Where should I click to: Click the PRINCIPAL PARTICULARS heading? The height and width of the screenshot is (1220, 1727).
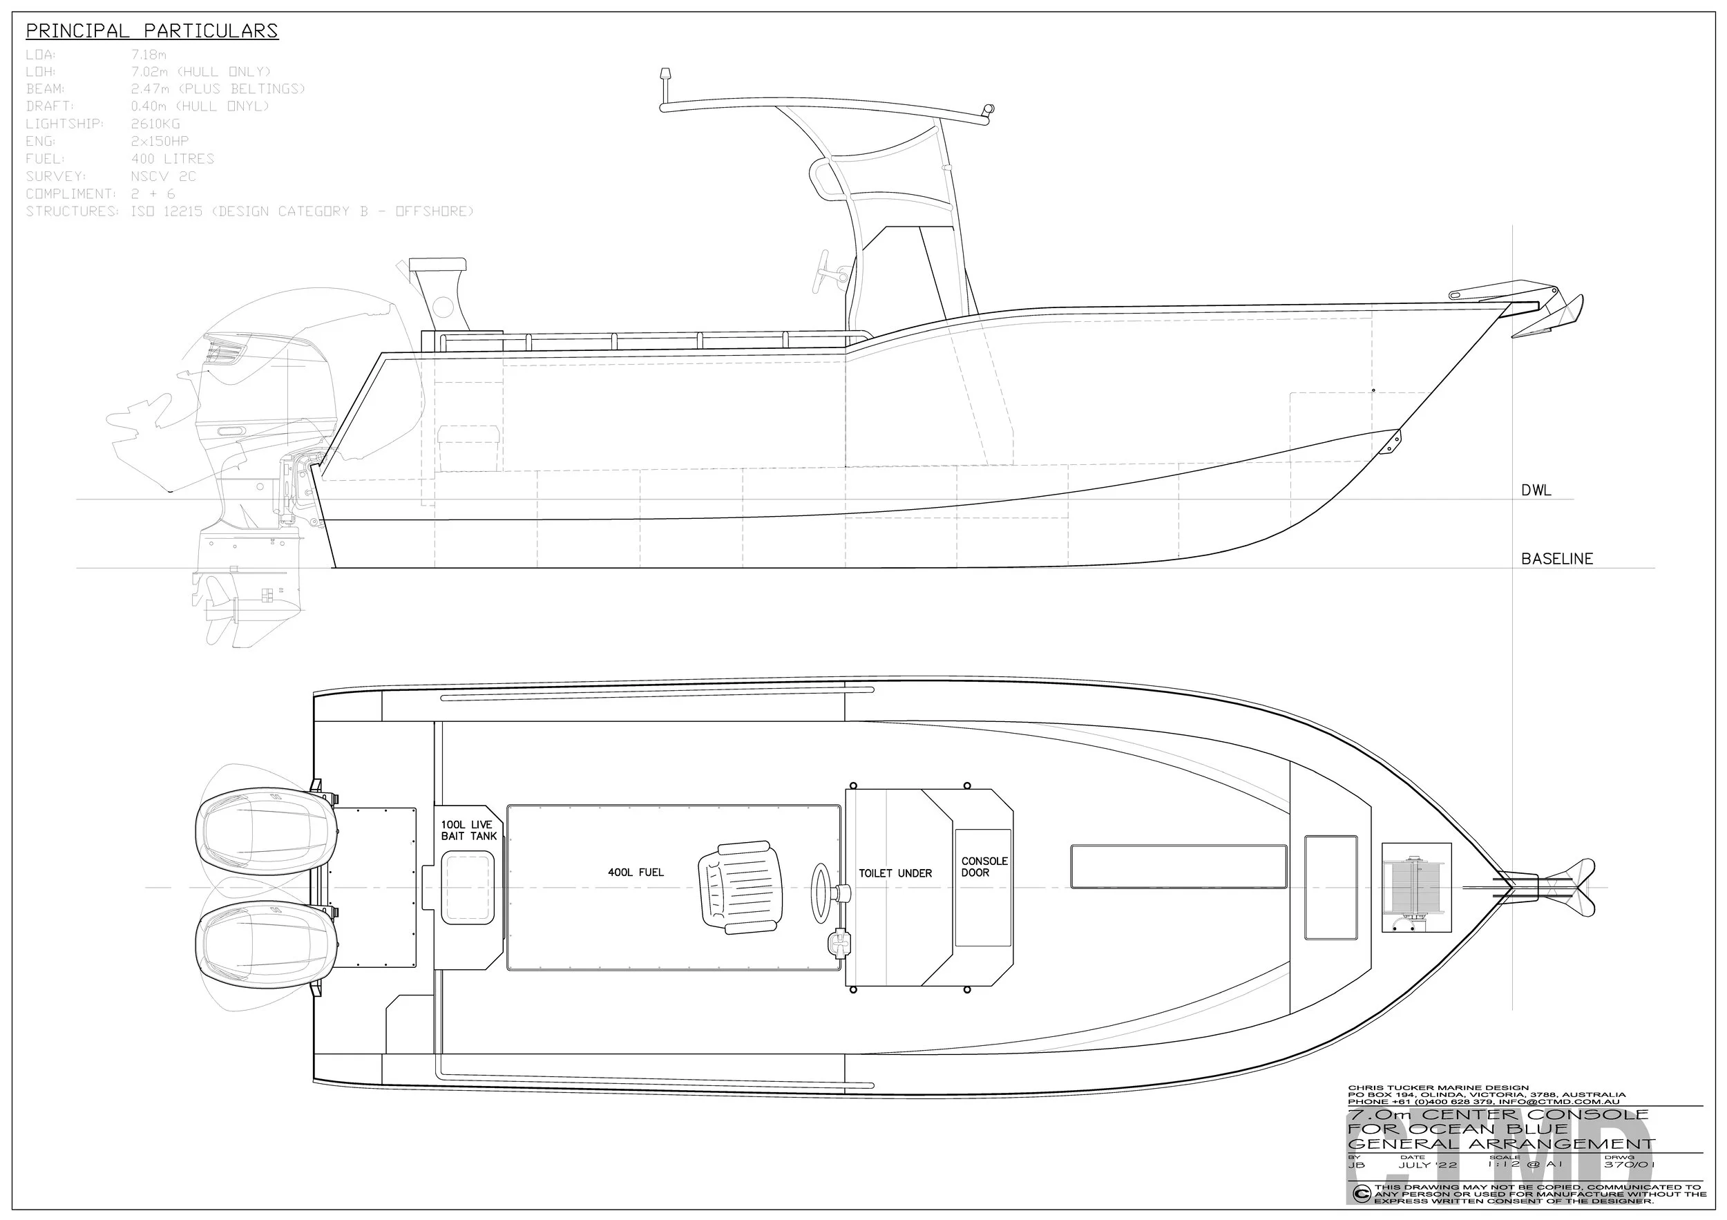coord(152,31)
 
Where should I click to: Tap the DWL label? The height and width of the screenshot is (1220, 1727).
coord(1536,490)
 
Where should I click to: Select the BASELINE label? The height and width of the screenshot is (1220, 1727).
coord(1557,559)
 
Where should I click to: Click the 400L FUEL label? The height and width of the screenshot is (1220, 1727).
coord(636,873)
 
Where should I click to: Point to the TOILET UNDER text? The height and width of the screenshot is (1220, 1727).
coord(895,873)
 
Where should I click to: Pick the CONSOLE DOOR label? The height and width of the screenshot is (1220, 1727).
coord(984,866)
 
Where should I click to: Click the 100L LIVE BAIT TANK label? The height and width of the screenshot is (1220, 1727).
coord(468,830)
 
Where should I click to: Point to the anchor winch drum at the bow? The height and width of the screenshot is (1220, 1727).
coord(1416,888)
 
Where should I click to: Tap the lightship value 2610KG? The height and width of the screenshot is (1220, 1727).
coord(155,124)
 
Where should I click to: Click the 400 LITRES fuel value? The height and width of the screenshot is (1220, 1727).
coord(172,159)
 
